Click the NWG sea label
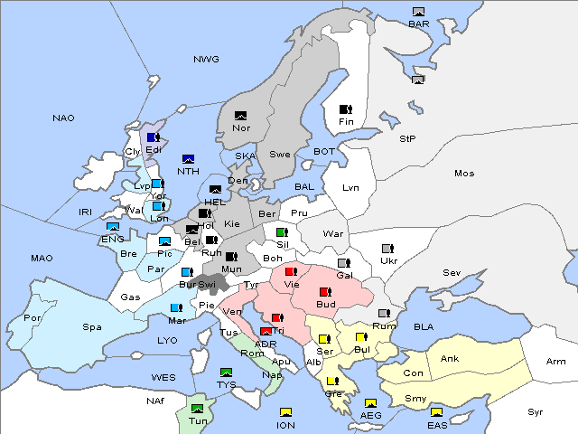click(206, 60)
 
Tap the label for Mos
click(464, 173)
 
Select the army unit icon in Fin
click(345, 109)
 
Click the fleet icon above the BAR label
click(418, 12)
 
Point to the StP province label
click(407, 139)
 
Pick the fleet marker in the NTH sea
click(188, 159)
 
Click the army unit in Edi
click(153, 137)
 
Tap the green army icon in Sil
click(282, 232)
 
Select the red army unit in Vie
click(291, 271)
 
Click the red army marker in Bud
click(325, 291)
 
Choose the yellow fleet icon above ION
click(286, 412)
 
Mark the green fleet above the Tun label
click(197, 408)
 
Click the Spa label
click(92, 326)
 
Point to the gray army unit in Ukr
click(387, 249)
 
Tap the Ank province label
click(450, 359)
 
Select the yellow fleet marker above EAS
click(436, 412)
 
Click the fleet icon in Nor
click(240, 116)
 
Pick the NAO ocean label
click(63, 118)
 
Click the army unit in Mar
click(176, 307)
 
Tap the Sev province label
click(452, 272)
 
